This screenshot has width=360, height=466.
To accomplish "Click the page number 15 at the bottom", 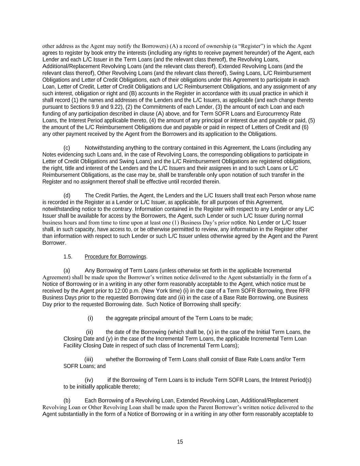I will (180, 442).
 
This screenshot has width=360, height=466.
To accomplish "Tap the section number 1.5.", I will (68, 257).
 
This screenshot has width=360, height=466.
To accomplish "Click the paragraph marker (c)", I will (67, 148).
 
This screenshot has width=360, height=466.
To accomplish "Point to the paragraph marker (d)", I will (67, 195).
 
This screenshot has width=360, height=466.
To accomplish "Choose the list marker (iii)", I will (89, 359).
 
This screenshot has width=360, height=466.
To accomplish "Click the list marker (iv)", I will (89, 380).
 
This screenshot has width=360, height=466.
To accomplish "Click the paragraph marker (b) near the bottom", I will (67, 400).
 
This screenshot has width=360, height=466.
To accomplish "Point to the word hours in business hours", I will (70, 223).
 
